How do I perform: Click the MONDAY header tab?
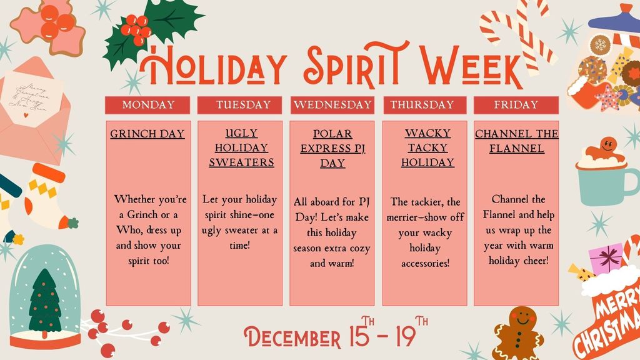click(148, 105)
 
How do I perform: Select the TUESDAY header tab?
click(244, 105)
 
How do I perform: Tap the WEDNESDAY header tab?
click(332, 105)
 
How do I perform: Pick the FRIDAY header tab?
click(516, 105)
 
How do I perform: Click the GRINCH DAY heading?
click(147, 134)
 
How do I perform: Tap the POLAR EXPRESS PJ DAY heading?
click(332, 149)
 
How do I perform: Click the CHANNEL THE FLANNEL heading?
click(516, 141)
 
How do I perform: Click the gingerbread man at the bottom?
click(518, 331)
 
